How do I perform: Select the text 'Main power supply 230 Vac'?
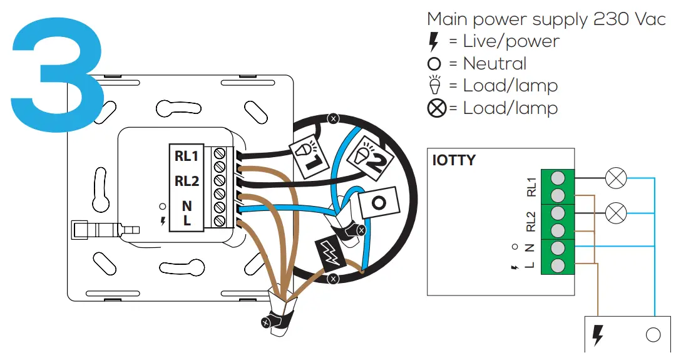[546, 19]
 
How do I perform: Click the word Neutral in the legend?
[494, 64]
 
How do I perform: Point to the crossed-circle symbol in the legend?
[437, 108]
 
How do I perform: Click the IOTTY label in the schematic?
[454, 160]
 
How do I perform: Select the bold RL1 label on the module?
[187, 157]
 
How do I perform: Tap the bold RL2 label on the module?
[187, 181]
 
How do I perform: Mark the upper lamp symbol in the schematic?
[616, 179]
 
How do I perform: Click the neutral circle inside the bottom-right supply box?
[653, 336]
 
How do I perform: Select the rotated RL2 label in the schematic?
[531, 222]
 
